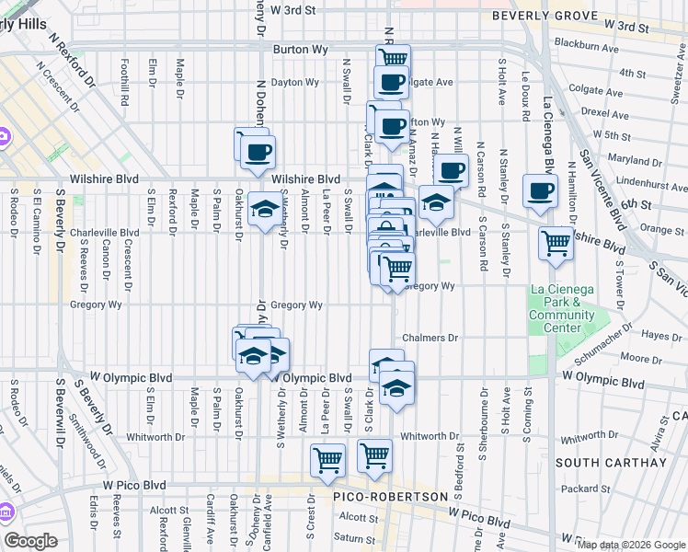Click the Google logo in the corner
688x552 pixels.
point(30,541)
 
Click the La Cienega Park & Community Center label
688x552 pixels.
point(562,308)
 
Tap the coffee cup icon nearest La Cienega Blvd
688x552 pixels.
point(540,191)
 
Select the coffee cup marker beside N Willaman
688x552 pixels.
point(451,170)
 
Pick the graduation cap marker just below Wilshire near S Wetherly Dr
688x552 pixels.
point(265,209)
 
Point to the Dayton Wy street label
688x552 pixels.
point(295,82)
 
